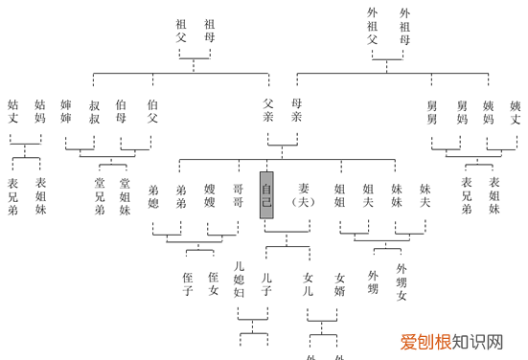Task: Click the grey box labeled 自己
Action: (x=266, y=195)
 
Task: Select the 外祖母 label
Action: (x=403, y=28)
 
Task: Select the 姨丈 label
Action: (x=515, y=112)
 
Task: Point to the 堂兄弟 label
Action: (x=99, y=195)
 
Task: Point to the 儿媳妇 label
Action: (x=240, y=279)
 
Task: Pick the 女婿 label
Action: (x=339, y=284)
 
